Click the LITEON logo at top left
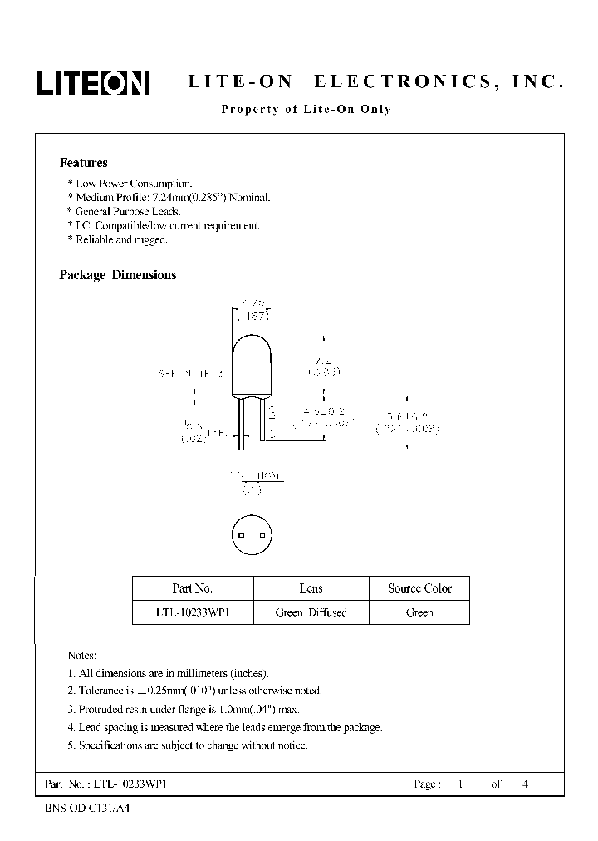click(92, 82)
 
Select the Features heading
click(83, 164)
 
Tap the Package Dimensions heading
click(118, 275)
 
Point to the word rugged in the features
click(151, 239)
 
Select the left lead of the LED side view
click(242, 423)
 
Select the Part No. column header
click(193, 588)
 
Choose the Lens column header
click(311, 588)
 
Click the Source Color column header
click(419, 588)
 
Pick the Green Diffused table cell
click(311, 612)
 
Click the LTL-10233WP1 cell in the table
click(193, 612)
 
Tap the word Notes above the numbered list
click(81, 656)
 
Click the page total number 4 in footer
click(524, 784)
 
